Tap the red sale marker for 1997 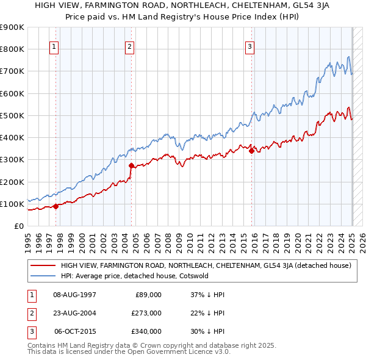pos(56,206)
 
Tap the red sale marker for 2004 pos(131,165)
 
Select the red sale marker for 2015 pos(251,151)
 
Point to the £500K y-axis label pos(12,115)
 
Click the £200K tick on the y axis pos(12,182)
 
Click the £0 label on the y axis pos(18,226)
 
